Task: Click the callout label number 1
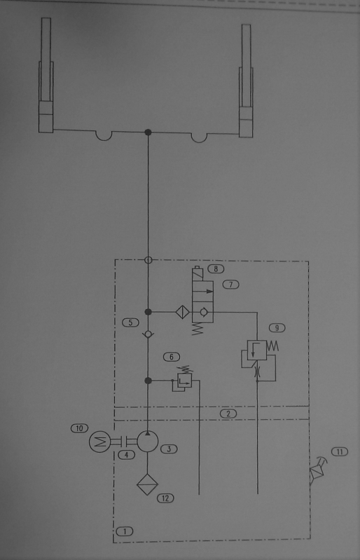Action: (125, 531)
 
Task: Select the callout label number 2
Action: (228, 414)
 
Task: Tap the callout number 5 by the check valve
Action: (130, 322)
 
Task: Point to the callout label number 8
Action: (216, 268)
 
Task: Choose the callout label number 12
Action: (165, 498)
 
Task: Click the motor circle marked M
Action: (99, 442)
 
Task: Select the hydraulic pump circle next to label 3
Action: (148, 442)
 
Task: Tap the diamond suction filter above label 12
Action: (147, 484)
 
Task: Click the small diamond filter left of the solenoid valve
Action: (182, 312)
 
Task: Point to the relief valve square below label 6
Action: (185, 381)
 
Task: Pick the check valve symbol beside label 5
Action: (148, 334)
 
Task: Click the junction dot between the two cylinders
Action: (148, 132)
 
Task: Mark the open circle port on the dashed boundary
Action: (148, 260)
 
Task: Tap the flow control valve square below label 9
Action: (257, 350)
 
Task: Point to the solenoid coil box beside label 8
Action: (198, 274)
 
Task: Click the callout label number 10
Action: (80, 428)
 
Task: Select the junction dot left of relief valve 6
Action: (148, 381)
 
